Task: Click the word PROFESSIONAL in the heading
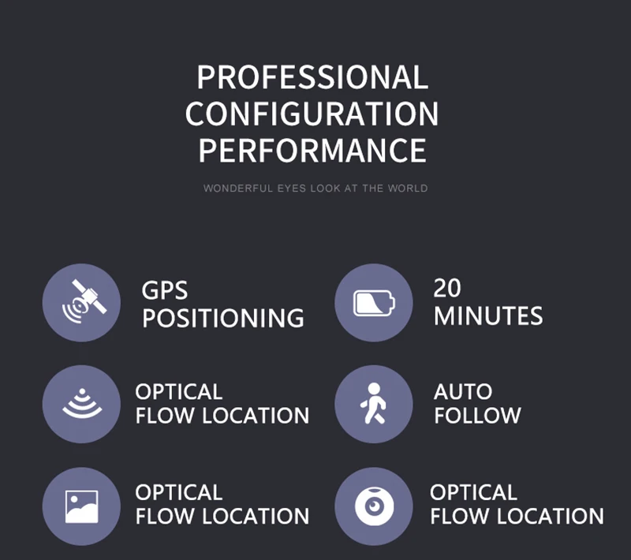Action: tap(312, 78)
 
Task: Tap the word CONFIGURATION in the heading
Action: tap(312, 114)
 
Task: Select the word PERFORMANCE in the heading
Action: tap(312, 151)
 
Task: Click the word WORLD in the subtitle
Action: tap(408, 189)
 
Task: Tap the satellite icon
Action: tap(81, 303)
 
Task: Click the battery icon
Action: tap(374, 303)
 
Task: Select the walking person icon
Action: tap(374, 404)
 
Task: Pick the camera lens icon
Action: tap(374, 506)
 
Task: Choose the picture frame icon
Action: tap(81, 506)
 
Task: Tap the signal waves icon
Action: tap(81, 404)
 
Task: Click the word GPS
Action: tap(165, 290)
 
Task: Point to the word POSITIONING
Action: tap(223, 319)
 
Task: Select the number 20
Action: tap(447, 288)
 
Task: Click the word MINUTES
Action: tap(488, 316)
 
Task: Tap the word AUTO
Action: tap(463, 392)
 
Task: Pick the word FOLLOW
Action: tap(477, 416)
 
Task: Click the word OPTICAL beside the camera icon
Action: tap(473, 493)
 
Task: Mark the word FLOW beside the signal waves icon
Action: tap(160, 416)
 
